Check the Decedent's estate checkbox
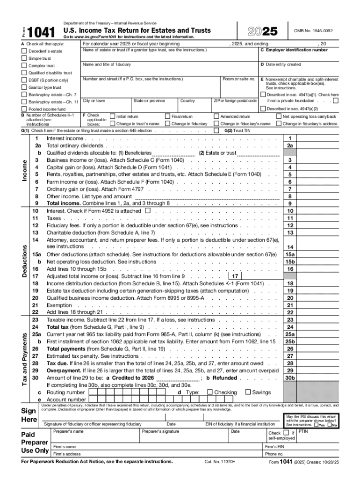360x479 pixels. tap(24, 51)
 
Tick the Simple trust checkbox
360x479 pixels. tap(24, 58)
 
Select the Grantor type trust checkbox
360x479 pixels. tap(24, 87)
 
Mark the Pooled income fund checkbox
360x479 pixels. tap(24, 109)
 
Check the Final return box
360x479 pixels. tap(167, 116)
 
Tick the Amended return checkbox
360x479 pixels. tap(216, 116)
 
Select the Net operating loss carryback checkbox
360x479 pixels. tap(279, 116)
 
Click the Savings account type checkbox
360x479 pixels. tap(248, 392)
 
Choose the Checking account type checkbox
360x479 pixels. tap(209, 392)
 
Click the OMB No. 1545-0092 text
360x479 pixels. tap(313, 31)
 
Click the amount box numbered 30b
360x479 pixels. tap(290, 378)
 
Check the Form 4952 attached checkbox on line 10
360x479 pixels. tap(148, 211)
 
